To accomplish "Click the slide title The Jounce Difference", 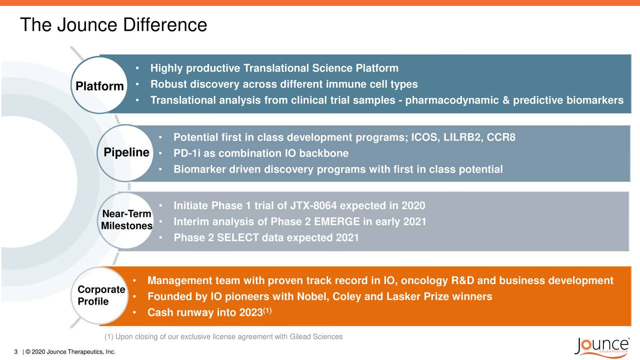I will pyautogui.click(x=113, y=24).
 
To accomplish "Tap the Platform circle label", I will pyautogui.click(x=99, y=86).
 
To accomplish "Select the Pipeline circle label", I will pyautogui.click(x=126, y=152).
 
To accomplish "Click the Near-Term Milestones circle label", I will pyautogui.click(x=126, y=220).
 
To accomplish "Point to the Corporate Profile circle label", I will pyautogui.click(x=100, y=295).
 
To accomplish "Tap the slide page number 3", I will pyautogui.click(x=16, y=352).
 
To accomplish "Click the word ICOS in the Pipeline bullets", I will pyautogui.click(x=423, y=137).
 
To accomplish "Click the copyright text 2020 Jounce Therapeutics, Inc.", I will pyautogui.click(x=73, y=352).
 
